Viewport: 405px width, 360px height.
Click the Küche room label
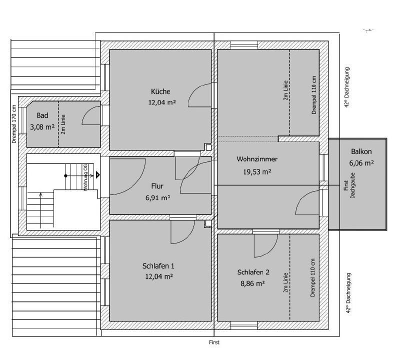(160, 91)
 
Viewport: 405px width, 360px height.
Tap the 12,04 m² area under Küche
(162, 102)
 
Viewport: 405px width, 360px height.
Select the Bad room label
(42, 115)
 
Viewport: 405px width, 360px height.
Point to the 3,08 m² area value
(42, 127)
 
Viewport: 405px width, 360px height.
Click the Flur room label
(157, 186)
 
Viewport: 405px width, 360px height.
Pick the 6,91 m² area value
(158, 198)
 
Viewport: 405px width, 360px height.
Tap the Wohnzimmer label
(257, 159)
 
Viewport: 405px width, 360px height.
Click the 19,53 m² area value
(257, 171)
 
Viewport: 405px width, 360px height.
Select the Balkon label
(361, 151)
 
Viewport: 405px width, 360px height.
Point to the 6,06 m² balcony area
(361, 163)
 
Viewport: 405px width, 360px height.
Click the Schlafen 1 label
(158, 265)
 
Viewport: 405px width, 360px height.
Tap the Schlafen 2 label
(253, 272)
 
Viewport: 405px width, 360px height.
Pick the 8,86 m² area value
(252, 283)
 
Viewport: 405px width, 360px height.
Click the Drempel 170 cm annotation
(14, 124)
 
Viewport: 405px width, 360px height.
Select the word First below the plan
(214, 342)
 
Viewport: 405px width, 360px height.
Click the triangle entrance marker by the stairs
(97, 175)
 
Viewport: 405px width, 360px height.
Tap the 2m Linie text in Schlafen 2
(285, 282)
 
